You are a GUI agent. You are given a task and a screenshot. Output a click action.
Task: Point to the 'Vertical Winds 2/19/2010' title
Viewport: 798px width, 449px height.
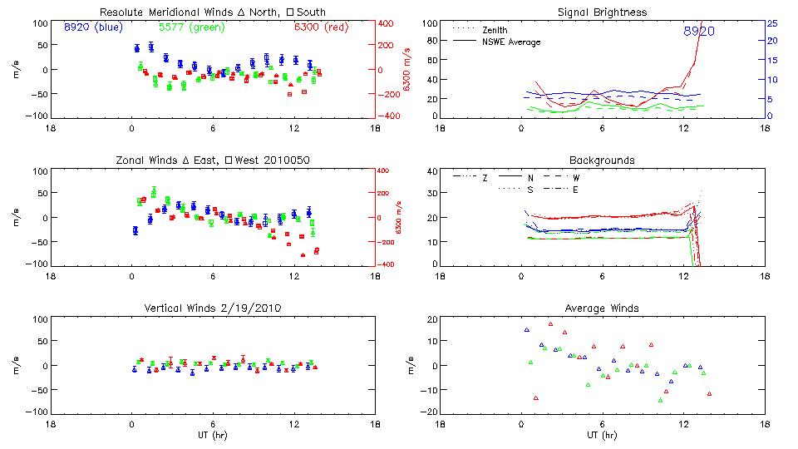click(x=213, y=308)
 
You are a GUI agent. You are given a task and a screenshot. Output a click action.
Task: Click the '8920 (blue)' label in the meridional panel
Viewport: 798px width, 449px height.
click(x=93, y=27)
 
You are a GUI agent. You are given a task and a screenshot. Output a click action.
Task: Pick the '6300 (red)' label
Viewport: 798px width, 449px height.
click(x=322, y=27)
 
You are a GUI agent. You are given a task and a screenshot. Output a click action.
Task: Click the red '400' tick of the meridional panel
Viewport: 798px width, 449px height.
click(x=387, y=22)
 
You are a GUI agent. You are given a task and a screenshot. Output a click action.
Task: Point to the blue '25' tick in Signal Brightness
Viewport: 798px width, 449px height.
click(x=771, y=22)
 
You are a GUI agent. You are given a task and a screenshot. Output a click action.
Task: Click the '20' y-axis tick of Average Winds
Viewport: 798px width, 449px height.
click(x=431, y=320)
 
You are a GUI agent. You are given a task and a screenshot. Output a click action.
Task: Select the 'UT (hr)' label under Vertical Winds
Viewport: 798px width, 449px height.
click(x=213, y=435)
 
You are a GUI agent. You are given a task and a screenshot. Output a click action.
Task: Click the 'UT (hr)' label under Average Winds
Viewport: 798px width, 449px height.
click(x=602, y=435)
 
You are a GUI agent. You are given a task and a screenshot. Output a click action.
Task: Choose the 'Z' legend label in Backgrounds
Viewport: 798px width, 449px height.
click(x=485, y=177)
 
